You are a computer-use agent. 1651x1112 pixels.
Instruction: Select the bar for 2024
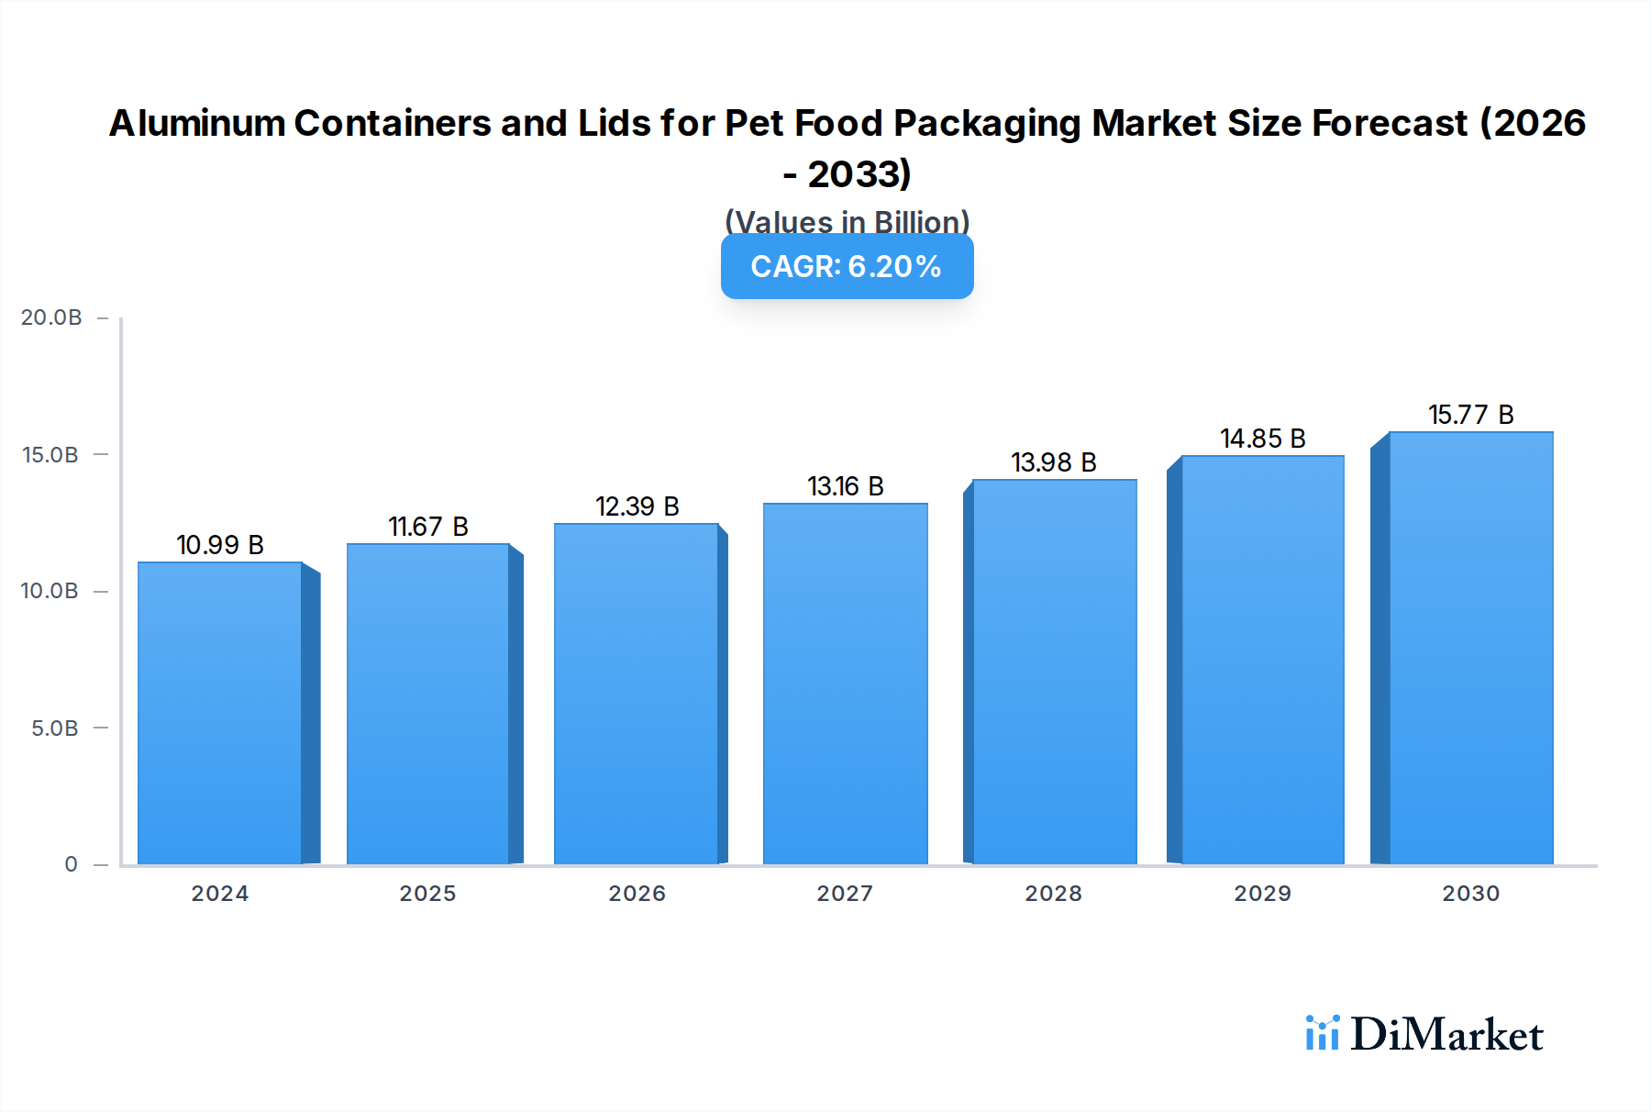pyautogui.click(x=220, y=714)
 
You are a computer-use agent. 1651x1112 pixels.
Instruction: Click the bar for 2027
pyautogui.click(x=845, y=684)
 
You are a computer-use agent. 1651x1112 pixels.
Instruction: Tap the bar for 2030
pyautogui.click(x=1470, y=649)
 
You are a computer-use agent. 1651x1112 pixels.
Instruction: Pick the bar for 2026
pyautogui.click(x=636, y=695)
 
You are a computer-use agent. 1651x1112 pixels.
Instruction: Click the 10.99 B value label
pyautogui.click(x=220, y=545)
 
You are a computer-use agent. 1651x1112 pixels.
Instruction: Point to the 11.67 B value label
pyautogui.click(x=428, y=527)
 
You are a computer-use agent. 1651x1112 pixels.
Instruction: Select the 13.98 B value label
pyautogui.click(x=1054, y=462)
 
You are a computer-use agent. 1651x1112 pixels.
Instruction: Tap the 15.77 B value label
pyautogui.click(x=1470, y=415)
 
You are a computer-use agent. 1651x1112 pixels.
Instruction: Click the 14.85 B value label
pyautogui.click(x=1262, y=439)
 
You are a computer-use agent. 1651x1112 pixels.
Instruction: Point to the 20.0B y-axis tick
pyautogui.click(x=51, y=317)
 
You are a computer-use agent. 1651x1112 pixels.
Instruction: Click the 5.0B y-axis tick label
pyautogui.click(x=55, y=728)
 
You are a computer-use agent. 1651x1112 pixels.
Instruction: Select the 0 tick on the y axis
pyautogui.click(x=71, y=864)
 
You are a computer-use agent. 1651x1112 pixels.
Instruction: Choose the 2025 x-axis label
pyautogui.click(x=427, y=894)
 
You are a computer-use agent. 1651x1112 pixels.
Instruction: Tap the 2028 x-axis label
pyautogui.click(x=1053, y=894)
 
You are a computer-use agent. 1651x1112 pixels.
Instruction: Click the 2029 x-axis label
pyautogui.click(x=1262, y=894)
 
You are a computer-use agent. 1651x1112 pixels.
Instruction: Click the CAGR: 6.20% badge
pyautogui.click(x=847, y=267)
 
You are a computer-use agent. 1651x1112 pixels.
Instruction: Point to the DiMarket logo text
pyautogui.click(x=1446, y=1035)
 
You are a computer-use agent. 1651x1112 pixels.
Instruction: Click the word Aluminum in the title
pyautogui.click(x=197, y=123)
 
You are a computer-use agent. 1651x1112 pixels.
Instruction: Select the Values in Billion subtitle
pyautogui.click(x=847, y=222)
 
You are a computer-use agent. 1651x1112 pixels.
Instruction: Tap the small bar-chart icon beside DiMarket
pyautogui.click(x=1322, y=1033)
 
